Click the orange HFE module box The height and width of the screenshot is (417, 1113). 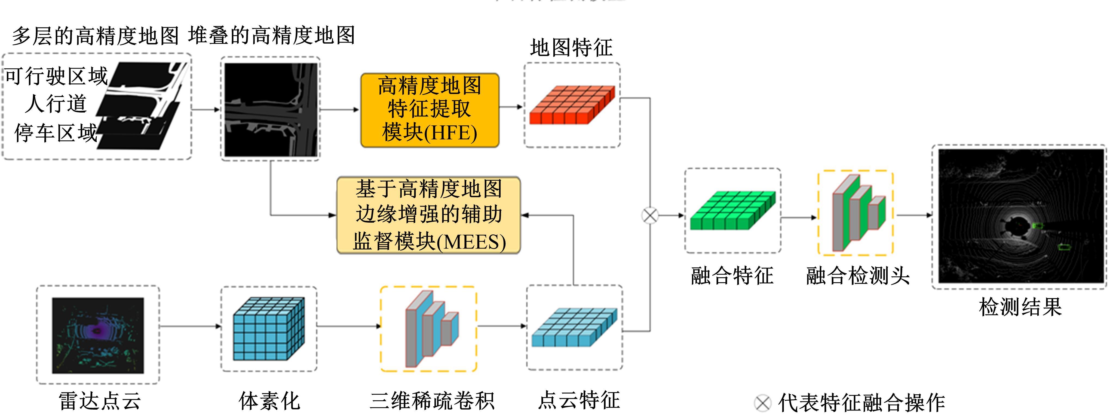(x=430, y=110)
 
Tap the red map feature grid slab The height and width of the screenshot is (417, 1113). (x=572, y=105)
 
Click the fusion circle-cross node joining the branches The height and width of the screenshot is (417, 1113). (x=650, y=215)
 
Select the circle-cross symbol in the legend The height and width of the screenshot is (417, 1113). (x=762, y=403)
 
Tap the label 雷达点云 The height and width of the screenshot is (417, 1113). (x=100, y=401)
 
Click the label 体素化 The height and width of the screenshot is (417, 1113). (x=269, y=401)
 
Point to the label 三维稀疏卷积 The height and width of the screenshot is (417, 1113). (x=432, y=401)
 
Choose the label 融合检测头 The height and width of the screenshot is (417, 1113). (x=858, y=276)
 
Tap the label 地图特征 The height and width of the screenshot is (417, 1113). (x=571, y=48)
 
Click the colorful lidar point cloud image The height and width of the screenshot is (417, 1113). (x=98, y=335)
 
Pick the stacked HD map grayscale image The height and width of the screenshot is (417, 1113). (x=271, y=110)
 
